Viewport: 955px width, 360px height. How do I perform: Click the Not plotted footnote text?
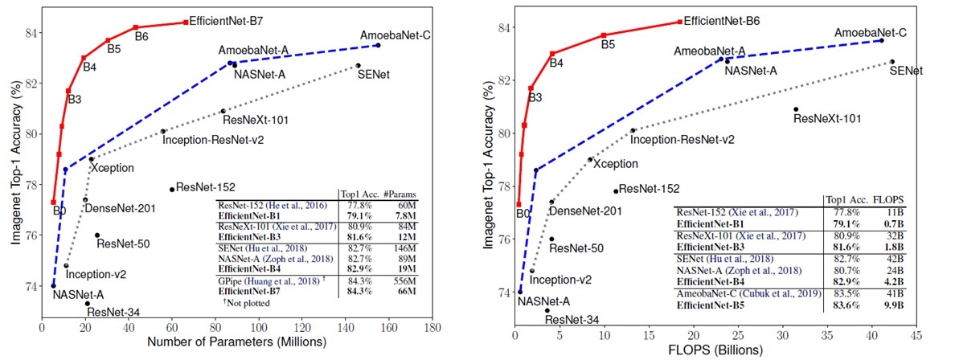(249, 303)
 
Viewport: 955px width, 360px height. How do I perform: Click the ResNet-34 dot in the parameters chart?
(88, 304)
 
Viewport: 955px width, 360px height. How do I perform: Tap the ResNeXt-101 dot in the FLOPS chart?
(796, 109)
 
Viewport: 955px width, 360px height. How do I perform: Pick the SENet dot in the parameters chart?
(359, 65)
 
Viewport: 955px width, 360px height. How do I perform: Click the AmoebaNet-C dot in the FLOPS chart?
(881, 40)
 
